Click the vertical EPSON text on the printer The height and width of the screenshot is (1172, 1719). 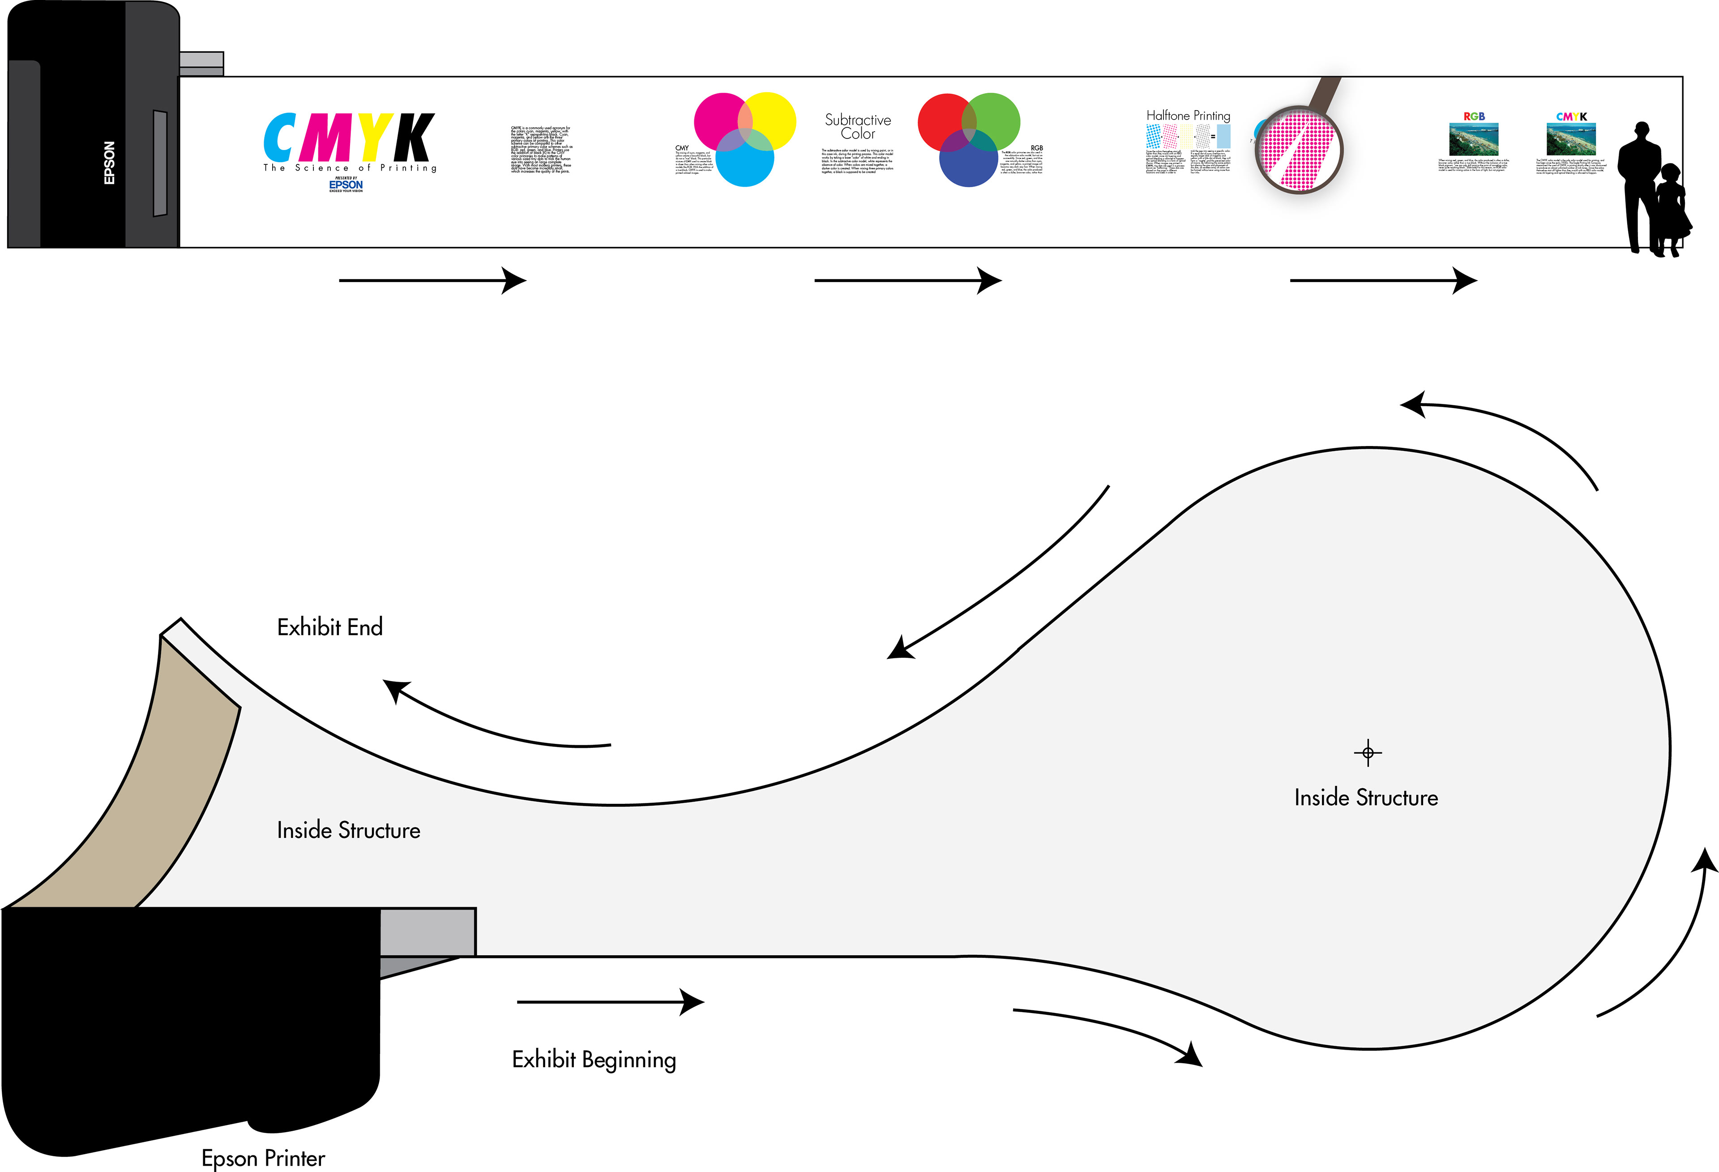(x=110, y=163)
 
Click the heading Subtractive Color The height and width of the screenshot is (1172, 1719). (x=858, y=127)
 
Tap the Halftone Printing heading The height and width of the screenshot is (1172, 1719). (x=1188, y=116)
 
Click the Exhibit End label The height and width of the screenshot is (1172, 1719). (x=330, y=627)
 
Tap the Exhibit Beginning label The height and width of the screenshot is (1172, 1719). (x=594, y=1060)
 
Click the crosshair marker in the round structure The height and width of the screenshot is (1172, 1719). (x=1368, y=753)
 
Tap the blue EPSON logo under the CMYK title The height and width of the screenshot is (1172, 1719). (x=346, y=185)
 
